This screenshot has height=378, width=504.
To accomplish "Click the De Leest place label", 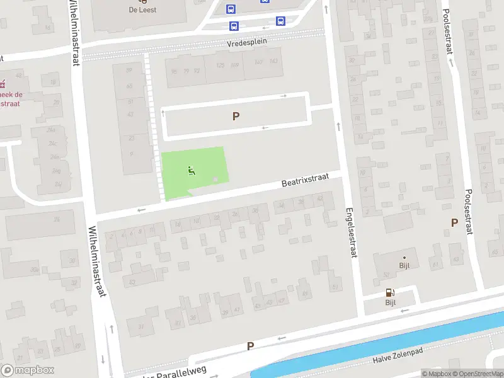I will (142, 10).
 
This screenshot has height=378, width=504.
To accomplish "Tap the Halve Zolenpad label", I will (398, 359).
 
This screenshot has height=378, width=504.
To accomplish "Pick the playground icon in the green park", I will (192, 170).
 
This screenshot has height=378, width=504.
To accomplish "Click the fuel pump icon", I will (390, 292).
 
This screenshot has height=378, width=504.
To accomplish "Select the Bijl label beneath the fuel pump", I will (391, 302).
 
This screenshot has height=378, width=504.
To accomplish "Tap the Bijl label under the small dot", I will (404, 265).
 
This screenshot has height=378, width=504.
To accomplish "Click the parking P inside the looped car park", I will (236, 116).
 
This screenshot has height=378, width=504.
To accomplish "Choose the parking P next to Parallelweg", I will (250, 346).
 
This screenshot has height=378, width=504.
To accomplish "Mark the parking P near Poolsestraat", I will (454, 222).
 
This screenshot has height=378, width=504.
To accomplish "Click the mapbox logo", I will (28, 370).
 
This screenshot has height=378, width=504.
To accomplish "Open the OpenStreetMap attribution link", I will (477, 374).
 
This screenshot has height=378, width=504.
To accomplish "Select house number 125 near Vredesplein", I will (220, 66).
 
